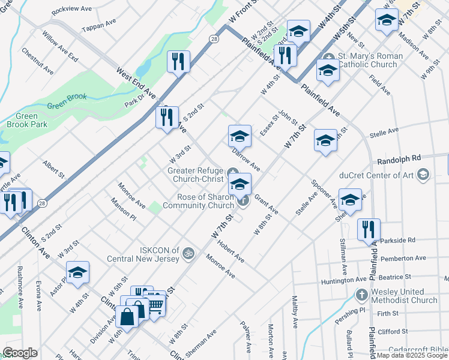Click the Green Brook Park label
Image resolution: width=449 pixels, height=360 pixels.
point(23,120)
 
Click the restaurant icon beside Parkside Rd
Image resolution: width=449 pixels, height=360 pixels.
point(369,229)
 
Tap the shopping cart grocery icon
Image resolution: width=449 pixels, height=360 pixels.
point(155,305)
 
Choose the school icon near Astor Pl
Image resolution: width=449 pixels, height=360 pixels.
point(77,273)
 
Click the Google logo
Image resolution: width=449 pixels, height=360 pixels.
point(20,353)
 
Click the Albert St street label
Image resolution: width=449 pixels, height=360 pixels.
point(53,169)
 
